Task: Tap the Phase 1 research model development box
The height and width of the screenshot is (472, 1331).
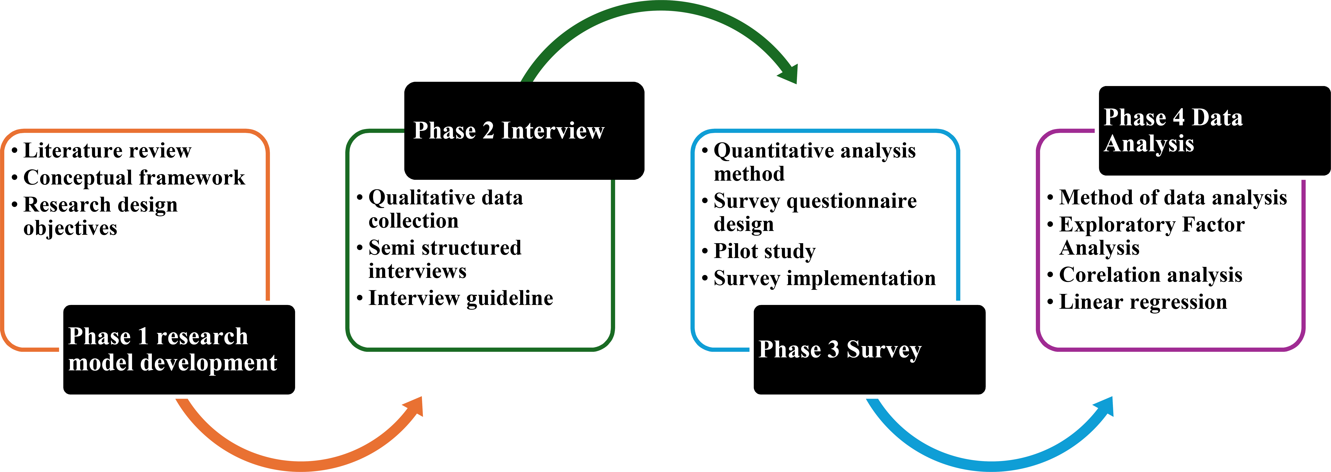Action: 179,350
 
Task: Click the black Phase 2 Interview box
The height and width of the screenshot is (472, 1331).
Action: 524,131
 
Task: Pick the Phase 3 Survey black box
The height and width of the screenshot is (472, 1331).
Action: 869,350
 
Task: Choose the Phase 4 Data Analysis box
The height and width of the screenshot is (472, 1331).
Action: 1214,131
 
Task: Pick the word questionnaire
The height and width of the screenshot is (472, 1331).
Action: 852,201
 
